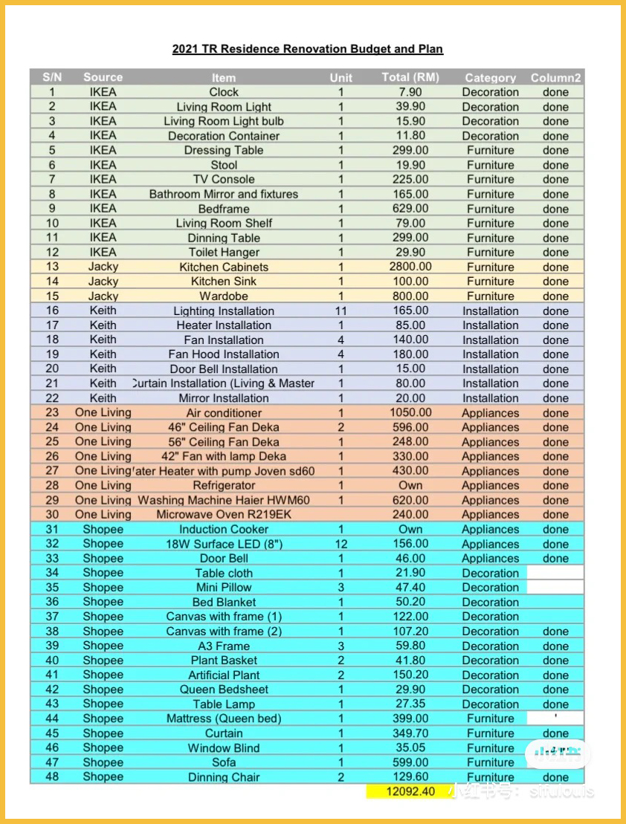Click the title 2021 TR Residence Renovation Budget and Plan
pyautogui.click(x=307, y=49)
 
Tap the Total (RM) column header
pyautogui.click(x=410, y=77)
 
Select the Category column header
pyautogui.click(x=490, y=77)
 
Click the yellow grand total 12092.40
pyautogui.click(x=410, y=791)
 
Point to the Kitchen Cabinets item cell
pyautogui.click(x=224, y=267)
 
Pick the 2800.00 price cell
pyautogui.click(x=410, y=267)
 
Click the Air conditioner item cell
pyautogui.click(x=224, y=412)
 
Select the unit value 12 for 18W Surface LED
pyautogui.click(x=341, y=544)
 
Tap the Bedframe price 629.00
pyautogui.click(x=410, y=209)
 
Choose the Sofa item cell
pyautogui.click(x=224, y=762)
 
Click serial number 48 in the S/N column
pyautogui.click(x=52, y=776)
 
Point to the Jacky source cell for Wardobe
pyautogui.click(x=103, y=296)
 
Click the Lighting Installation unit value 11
pyautogui.click(x=341, y=311)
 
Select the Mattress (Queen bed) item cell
pyautogui.click(x=224, y=718)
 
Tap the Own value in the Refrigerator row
pyautogui.click(x=410, y=485)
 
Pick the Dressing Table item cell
pyautogui.click(x=224, y=150)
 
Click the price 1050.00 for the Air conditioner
pyautogui.click(x=410, y=412)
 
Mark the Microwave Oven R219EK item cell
pyautogui.click(x=224, y=514)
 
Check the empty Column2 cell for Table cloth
pyautogui.click(x=555, y=573)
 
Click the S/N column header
pyautogui.click(x=52, y=77)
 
